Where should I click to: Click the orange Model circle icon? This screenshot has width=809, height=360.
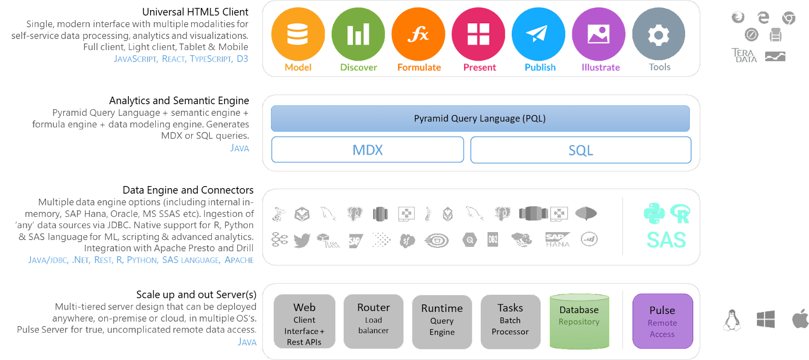(298, 34)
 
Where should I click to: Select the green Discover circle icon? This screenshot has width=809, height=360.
(358, 34)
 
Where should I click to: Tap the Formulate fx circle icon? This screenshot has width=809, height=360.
(418, 34)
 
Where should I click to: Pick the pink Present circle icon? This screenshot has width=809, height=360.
(478, 34)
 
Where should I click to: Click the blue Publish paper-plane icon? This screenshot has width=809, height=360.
(538, 34)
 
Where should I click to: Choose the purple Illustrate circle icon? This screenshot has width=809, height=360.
(599, 34)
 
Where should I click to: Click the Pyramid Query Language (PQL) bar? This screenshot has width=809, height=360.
(480, 119)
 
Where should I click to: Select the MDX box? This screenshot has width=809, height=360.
(368, 150)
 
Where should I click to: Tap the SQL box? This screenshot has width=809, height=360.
(580, 150)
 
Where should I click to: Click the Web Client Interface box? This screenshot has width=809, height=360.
(304, 322)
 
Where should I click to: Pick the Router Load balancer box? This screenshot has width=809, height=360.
(373, 322)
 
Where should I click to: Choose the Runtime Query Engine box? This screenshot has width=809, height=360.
(442, 322)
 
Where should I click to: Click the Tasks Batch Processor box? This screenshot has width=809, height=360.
(510, 322)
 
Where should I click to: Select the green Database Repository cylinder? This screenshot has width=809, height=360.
(579, 322)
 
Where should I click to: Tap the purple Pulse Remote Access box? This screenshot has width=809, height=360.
(662, 321)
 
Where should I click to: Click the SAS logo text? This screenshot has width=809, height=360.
(666, 240)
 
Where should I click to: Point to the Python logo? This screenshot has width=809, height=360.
(654, 213)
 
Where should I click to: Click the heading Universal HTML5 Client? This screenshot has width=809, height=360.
(195, 12)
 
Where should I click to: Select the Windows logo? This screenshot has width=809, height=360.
(766, 320)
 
